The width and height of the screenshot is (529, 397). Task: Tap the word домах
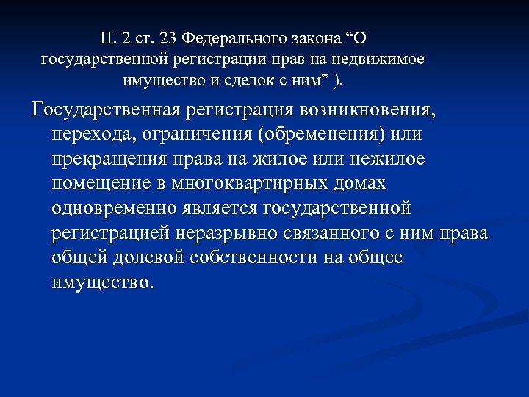coord(359,184)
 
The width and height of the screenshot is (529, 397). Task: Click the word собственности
coord(259,257)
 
